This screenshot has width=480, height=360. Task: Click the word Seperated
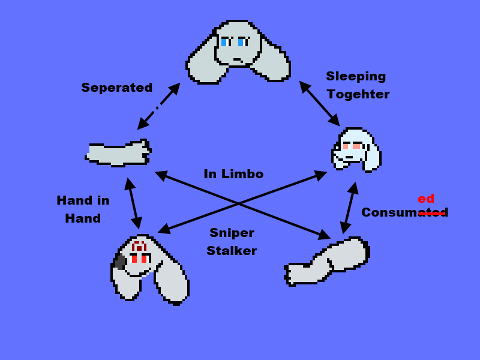[x=117, y=88]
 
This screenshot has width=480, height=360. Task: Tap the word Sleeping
[x=356, y=76]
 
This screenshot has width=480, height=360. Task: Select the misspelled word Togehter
[x=358, y=94]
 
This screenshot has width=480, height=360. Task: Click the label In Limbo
[x=233, y=174]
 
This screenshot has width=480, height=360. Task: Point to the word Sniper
[x=232, y=233]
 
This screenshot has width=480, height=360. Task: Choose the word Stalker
[x=232, y=251]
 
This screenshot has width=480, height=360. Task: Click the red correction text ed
[x=426, y=199]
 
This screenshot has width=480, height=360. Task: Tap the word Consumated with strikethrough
[x=404, y=212]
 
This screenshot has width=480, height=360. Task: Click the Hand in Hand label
[x=83, y=209]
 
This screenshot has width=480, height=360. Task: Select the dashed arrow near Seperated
[x=158, y=106]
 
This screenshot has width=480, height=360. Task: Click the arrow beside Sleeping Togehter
[x=319, y=103]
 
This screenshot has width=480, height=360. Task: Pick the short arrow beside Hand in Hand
[x=133, y=203]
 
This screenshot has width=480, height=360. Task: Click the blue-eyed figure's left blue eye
[x=224, y=41]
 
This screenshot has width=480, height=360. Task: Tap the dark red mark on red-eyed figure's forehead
[x=139, y=246]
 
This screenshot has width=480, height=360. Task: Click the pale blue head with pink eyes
[x=356, y=149]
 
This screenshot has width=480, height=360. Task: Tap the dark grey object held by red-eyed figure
[x=120, y=261]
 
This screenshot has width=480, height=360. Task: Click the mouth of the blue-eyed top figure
[x=238, y=59]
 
